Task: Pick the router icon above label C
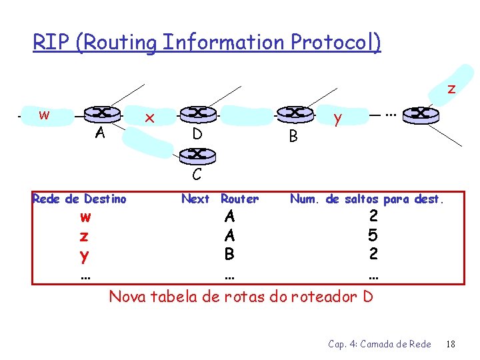click(197, 155)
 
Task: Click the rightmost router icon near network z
click(421, 114)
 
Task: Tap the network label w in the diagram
click(43, 115)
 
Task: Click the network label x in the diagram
click(150, 118)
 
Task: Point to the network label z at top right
click(451, 88)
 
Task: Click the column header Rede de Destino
click(79, 199)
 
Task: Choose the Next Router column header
click(220, 199)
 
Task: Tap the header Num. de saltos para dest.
click(369, 199)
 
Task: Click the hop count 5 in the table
click(373, 235)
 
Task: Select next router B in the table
click(229, 254)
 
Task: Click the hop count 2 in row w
click(373, 216)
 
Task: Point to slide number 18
click(451, 343)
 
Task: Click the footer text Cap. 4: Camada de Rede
click(379, 343)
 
